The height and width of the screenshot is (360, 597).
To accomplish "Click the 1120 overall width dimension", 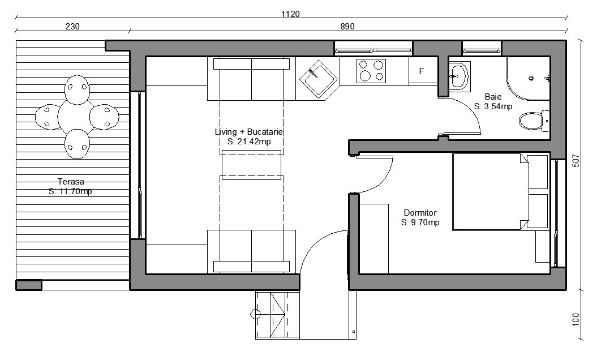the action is (290, 14).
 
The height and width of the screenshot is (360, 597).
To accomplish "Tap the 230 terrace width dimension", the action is (72, 26).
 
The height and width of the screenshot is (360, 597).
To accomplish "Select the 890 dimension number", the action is (347, 26).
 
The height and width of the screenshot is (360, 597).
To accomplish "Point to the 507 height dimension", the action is (576, 160).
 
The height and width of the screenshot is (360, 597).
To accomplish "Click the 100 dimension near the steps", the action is (576, 319).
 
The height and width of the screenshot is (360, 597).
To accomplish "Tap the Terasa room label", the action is (71, 181).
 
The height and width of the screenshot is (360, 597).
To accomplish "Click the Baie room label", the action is (493, 97).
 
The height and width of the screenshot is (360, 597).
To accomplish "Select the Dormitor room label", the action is (420, 213).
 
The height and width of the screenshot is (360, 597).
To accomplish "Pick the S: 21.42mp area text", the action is (249, 142).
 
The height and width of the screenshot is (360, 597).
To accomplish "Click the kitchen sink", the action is (318, 79).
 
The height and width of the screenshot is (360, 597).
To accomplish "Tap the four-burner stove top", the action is (371, 71).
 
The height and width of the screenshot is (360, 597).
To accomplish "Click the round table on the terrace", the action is (76, 115).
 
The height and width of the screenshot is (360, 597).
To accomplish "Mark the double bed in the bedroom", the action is (500, 192).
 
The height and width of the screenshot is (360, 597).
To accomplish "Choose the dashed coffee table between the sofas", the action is (251, 165).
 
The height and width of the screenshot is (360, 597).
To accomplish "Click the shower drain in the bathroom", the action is (531, 79).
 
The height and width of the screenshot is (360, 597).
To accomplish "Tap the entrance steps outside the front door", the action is (277, 315).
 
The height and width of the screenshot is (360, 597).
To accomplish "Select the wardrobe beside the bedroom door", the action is (374, 239).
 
